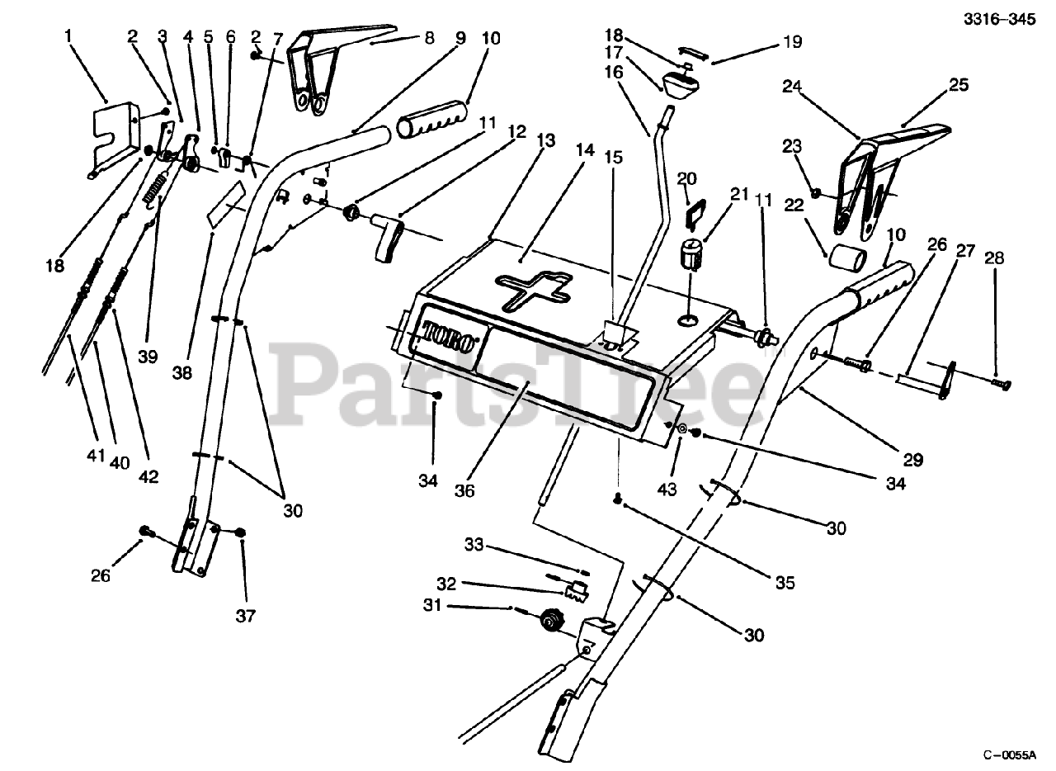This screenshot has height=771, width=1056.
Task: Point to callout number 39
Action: click(148, 356)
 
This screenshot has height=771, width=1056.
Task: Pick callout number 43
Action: click(667, 489)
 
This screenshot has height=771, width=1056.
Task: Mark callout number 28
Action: click(996, 258)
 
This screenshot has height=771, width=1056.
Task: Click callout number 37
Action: click(246, 615)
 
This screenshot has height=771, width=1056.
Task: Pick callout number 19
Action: click(791, 41)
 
